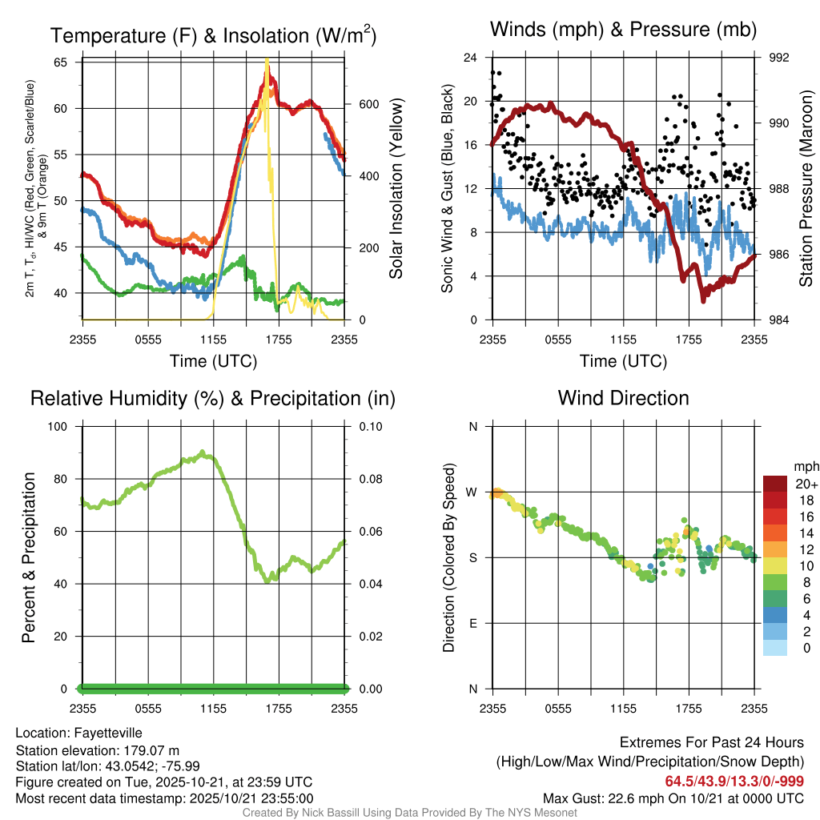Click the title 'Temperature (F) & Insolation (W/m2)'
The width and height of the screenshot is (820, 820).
(213, 36)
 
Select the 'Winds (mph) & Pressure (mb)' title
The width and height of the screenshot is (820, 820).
(623, 30)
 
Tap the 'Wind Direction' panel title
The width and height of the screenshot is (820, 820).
(623, 398)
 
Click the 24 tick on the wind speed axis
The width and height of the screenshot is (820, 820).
(471, 58)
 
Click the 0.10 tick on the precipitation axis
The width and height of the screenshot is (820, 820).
(370, 426)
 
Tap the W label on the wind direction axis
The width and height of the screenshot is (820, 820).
(472, 492)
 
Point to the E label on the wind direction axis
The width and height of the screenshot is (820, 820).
(473, 623)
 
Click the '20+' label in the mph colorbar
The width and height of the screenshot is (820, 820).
(804, 484)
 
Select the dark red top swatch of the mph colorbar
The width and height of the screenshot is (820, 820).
(774, 483)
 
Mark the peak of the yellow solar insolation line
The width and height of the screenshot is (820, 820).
(267, 60)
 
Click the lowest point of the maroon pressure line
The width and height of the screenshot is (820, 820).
(704, 300)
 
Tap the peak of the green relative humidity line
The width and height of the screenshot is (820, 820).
(203, 452)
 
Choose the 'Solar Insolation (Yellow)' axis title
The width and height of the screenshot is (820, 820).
(396, 188)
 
